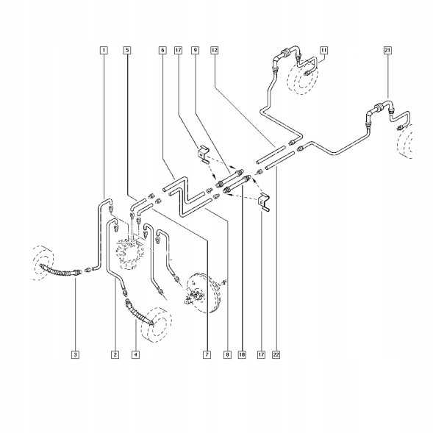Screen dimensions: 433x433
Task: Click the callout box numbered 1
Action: [x=104, y=50]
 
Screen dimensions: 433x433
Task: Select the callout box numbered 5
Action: [x=127, y=50]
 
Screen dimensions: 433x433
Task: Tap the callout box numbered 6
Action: [x=162, y=50]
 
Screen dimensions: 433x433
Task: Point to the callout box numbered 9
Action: [x=196, y=50]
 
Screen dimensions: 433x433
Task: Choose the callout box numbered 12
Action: [x=214, y=50]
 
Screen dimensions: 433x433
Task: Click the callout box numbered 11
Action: [x=324, y=50]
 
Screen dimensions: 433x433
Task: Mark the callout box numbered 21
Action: [x=387, y=50]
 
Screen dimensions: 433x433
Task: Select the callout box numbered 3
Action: [x=76, y=354]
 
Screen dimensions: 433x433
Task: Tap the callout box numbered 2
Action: [x=115, y=354]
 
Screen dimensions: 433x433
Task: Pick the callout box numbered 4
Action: [x=135, y=354]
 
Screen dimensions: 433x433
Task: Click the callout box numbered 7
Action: [x=207, y=354]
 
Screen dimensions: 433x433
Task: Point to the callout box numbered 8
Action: [x=227, y=354]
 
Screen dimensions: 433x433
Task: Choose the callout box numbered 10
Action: [x=242, y=354]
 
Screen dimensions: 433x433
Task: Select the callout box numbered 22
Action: [x=276, y=354]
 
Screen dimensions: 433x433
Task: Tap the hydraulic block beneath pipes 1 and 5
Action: [x=130, y=253]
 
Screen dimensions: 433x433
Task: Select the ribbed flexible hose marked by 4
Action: [x=139, y=312]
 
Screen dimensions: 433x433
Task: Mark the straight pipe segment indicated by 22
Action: [x=280, y=160]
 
